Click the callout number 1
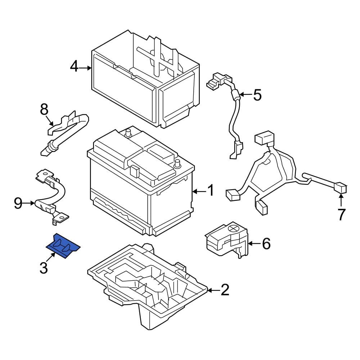click(210, 190)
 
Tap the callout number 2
click(225, 290)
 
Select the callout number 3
click(44, 268)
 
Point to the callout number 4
click(74, 67)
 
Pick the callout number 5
click(257, 95)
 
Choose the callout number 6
click(266, 243)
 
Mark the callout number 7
click(341, 215)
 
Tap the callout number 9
click(18, 203)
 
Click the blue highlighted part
click(63, 246)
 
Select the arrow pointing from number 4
click(85, 68)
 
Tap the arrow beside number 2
click(213, 291)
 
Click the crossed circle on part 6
click(234, 229)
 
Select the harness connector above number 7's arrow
click(341, 188)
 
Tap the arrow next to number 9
click(29, 203)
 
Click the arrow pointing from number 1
click(199, 191)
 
